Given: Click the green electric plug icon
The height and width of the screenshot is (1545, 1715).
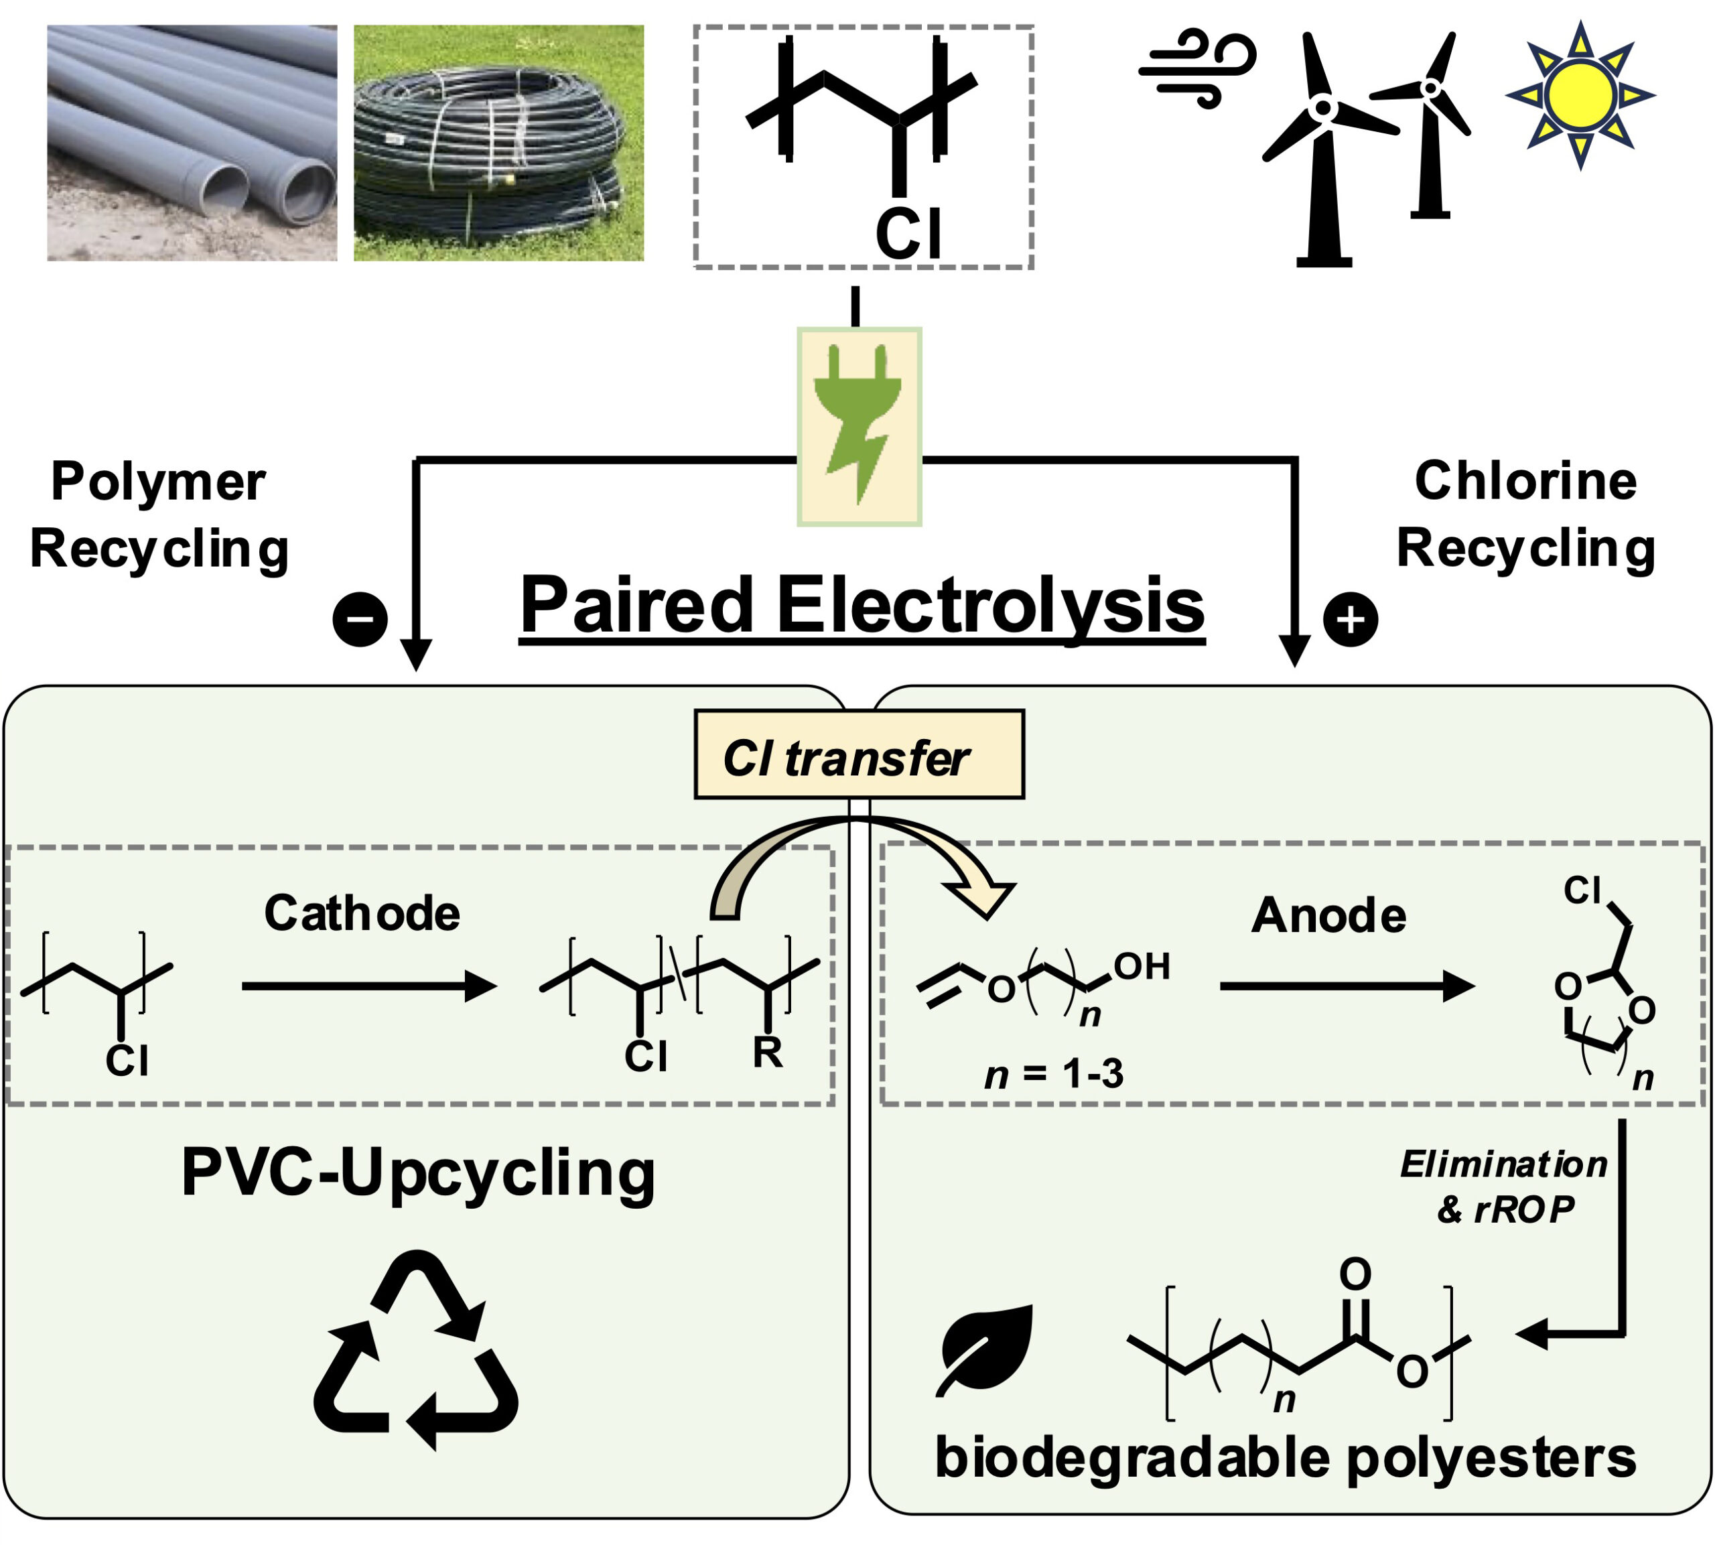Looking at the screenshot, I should click(x=858, y=426).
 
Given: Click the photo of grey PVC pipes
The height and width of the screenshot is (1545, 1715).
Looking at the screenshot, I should click(x=192, y=143).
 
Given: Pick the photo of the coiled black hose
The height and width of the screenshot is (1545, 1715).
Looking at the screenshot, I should click(x=498, y=143).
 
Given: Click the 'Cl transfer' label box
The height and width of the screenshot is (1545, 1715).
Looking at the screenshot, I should click(x=858, y=754).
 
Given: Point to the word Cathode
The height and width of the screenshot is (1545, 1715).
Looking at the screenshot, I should click(x=362, y=913).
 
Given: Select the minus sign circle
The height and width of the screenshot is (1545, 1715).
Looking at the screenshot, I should click(x=360, y=619).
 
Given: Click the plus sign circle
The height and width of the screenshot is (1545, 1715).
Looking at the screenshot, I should click(x=1350, y=619).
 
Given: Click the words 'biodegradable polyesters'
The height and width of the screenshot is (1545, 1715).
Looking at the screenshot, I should click(x=1285, y=1457).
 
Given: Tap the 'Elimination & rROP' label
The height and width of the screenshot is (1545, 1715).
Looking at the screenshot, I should click(x=1503, y=1186).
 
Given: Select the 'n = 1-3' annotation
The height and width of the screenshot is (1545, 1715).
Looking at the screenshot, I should click(x=1053, y=1075).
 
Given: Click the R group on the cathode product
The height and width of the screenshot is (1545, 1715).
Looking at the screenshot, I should click(x=767, y=1053).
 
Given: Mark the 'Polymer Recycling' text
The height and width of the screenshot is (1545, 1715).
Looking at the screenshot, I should click(x=159, y=515).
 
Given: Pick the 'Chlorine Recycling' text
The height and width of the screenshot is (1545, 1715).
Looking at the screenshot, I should click(x=1525, y=515).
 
